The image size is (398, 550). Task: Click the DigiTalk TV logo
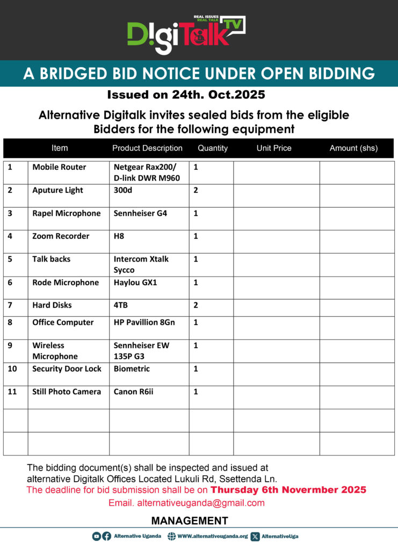point(185,34)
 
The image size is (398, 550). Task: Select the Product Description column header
point(147,148)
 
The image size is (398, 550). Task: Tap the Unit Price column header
point(274,148)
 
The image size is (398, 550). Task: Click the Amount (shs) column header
point(353,148)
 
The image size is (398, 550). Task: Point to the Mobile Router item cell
point(59,167)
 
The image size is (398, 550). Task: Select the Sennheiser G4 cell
point(140,213)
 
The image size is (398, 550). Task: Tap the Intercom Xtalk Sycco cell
point(141,264)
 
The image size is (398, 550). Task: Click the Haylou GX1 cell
point(135,283)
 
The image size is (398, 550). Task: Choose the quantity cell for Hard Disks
point(196,305)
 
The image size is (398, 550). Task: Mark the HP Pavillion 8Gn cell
point(144,322)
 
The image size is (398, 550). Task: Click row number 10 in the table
point(12,369)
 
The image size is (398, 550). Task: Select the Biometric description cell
point(132,369)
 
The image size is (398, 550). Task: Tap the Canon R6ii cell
point(133,392)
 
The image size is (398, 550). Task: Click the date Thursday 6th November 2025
point(288,490)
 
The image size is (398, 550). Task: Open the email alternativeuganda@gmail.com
point(201,503)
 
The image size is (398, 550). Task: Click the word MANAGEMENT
point(190,521)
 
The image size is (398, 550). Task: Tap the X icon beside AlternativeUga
point(255,536)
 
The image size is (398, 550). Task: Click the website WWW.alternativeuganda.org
point(212,536)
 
